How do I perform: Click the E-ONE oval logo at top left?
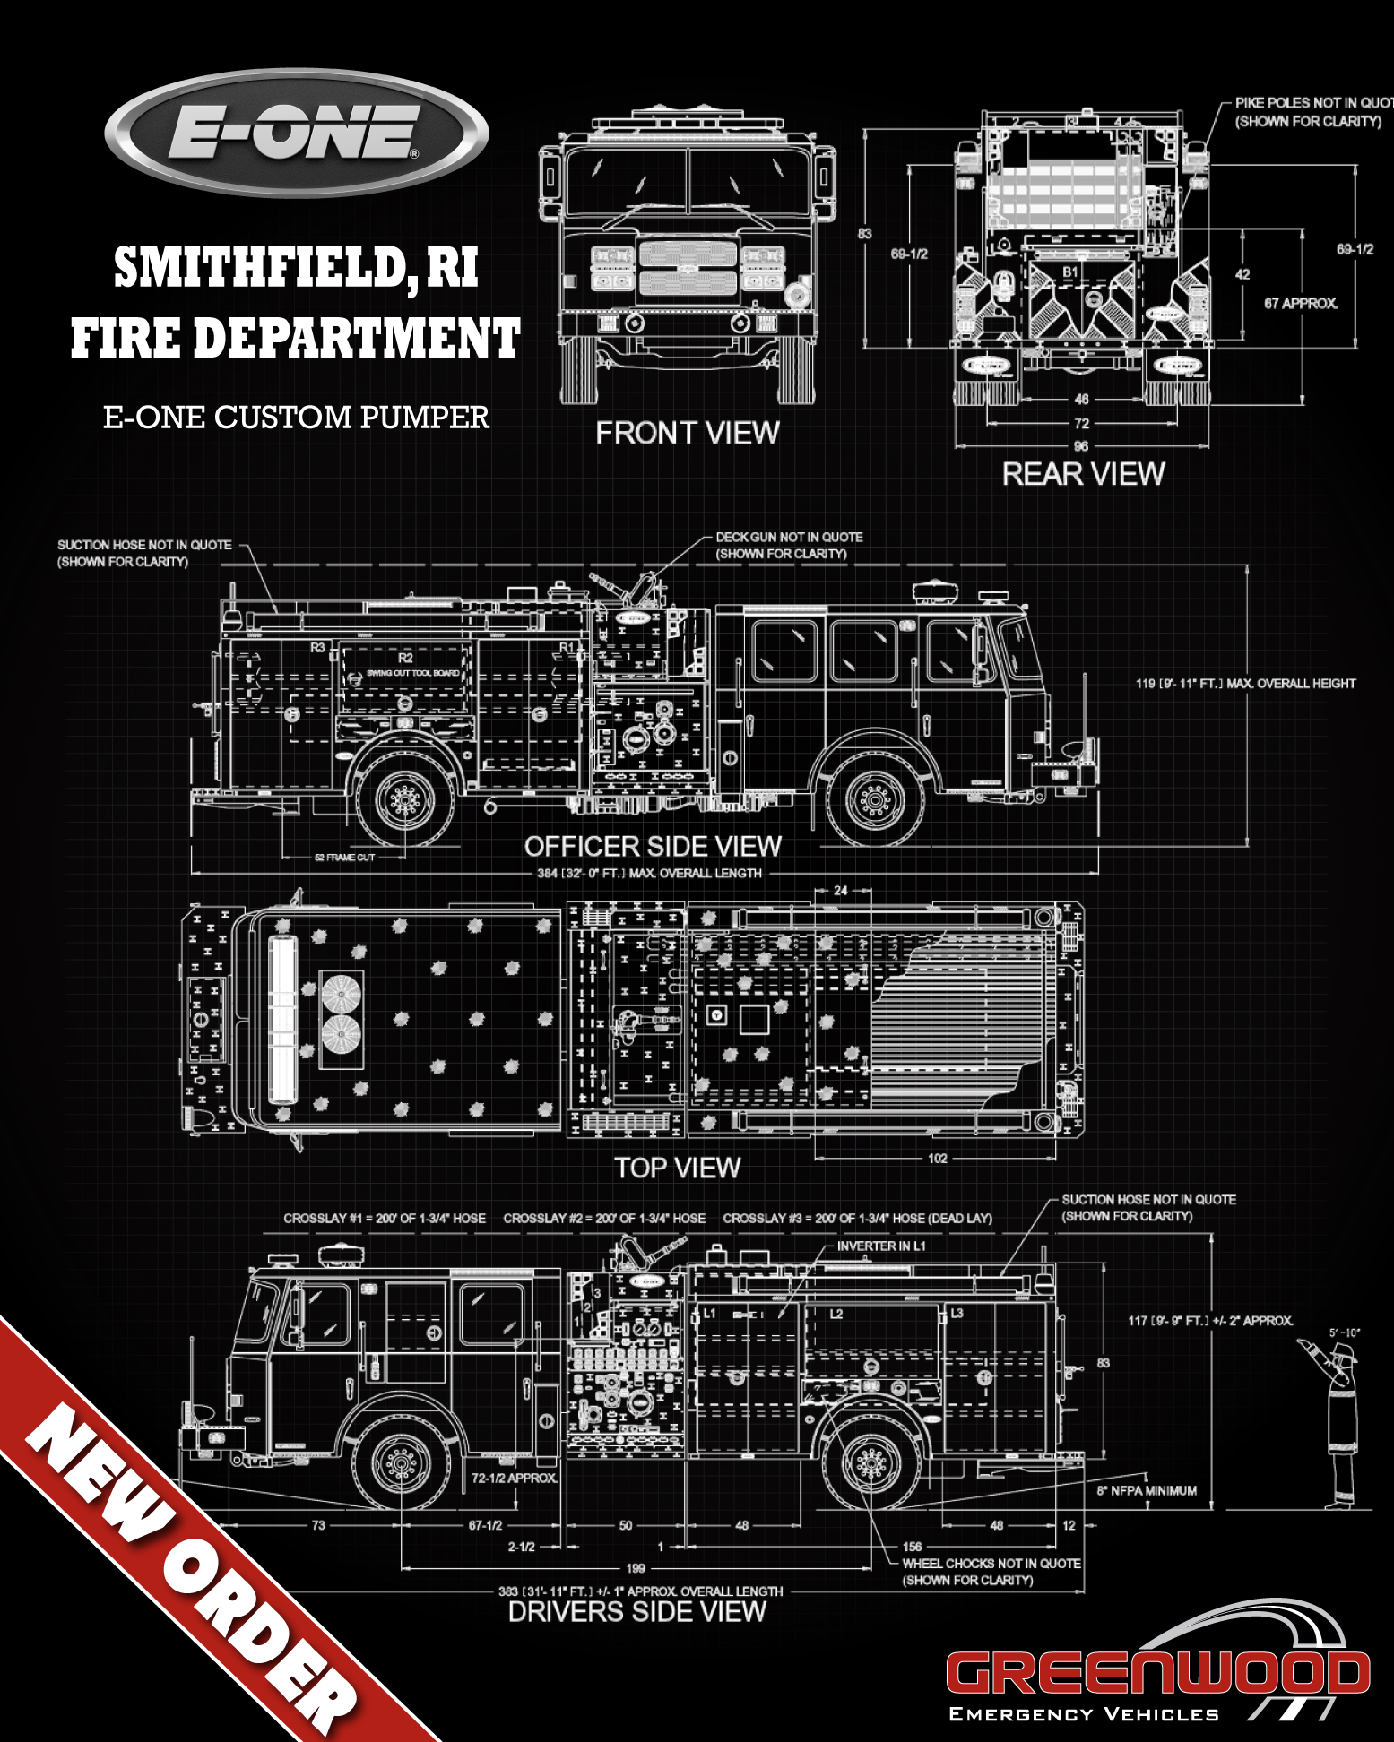(x=296, y=133)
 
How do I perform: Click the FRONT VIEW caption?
(x=688, y=434)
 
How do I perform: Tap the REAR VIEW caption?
(x=1083, y=474)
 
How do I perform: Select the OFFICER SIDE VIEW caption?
(x=653, y=846)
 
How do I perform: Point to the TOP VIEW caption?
(x=677, y=1168)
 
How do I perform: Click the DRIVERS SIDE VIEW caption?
(x=636, y=1612)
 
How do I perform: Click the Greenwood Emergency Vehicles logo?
(x=1156, y=1676)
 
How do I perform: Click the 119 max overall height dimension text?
(x=1245, y=684)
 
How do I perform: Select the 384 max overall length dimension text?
(x=649, y=873)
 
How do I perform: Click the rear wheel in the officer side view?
(x=405, y=798)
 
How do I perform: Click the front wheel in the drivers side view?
(x=401, y=1465)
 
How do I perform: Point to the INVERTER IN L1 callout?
(x=881, y=1246)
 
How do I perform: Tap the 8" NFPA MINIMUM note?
(x=1147, y=1490)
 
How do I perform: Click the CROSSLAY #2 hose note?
(x=603, y=1219)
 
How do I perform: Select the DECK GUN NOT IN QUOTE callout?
(x=789, y=545)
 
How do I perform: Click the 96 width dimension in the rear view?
(x=1081, y=446)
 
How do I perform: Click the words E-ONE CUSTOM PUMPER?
(x=296, y=418)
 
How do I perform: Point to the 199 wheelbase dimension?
(x=636, y=1568)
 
